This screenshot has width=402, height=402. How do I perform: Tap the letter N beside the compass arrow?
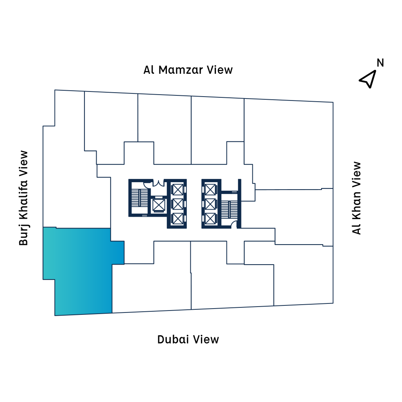click(380, 63)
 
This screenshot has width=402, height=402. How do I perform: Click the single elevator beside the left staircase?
click(159, 205)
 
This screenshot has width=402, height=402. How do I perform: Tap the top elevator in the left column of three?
click(178, 189)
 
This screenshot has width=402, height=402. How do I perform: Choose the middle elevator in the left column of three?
click(178, 204)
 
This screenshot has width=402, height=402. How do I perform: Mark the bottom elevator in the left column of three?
click(178, 218)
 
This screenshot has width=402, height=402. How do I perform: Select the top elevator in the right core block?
click(211, 189)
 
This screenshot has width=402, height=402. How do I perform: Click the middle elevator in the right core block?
click(211, 204)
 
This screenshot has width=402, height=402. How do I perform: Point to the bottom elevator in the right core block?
click(211, 218)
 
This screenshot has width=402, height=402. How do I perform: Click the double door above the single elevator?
click(159, 183)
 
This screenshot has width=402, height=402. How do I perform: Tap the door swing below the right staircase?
click(234, 225)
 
